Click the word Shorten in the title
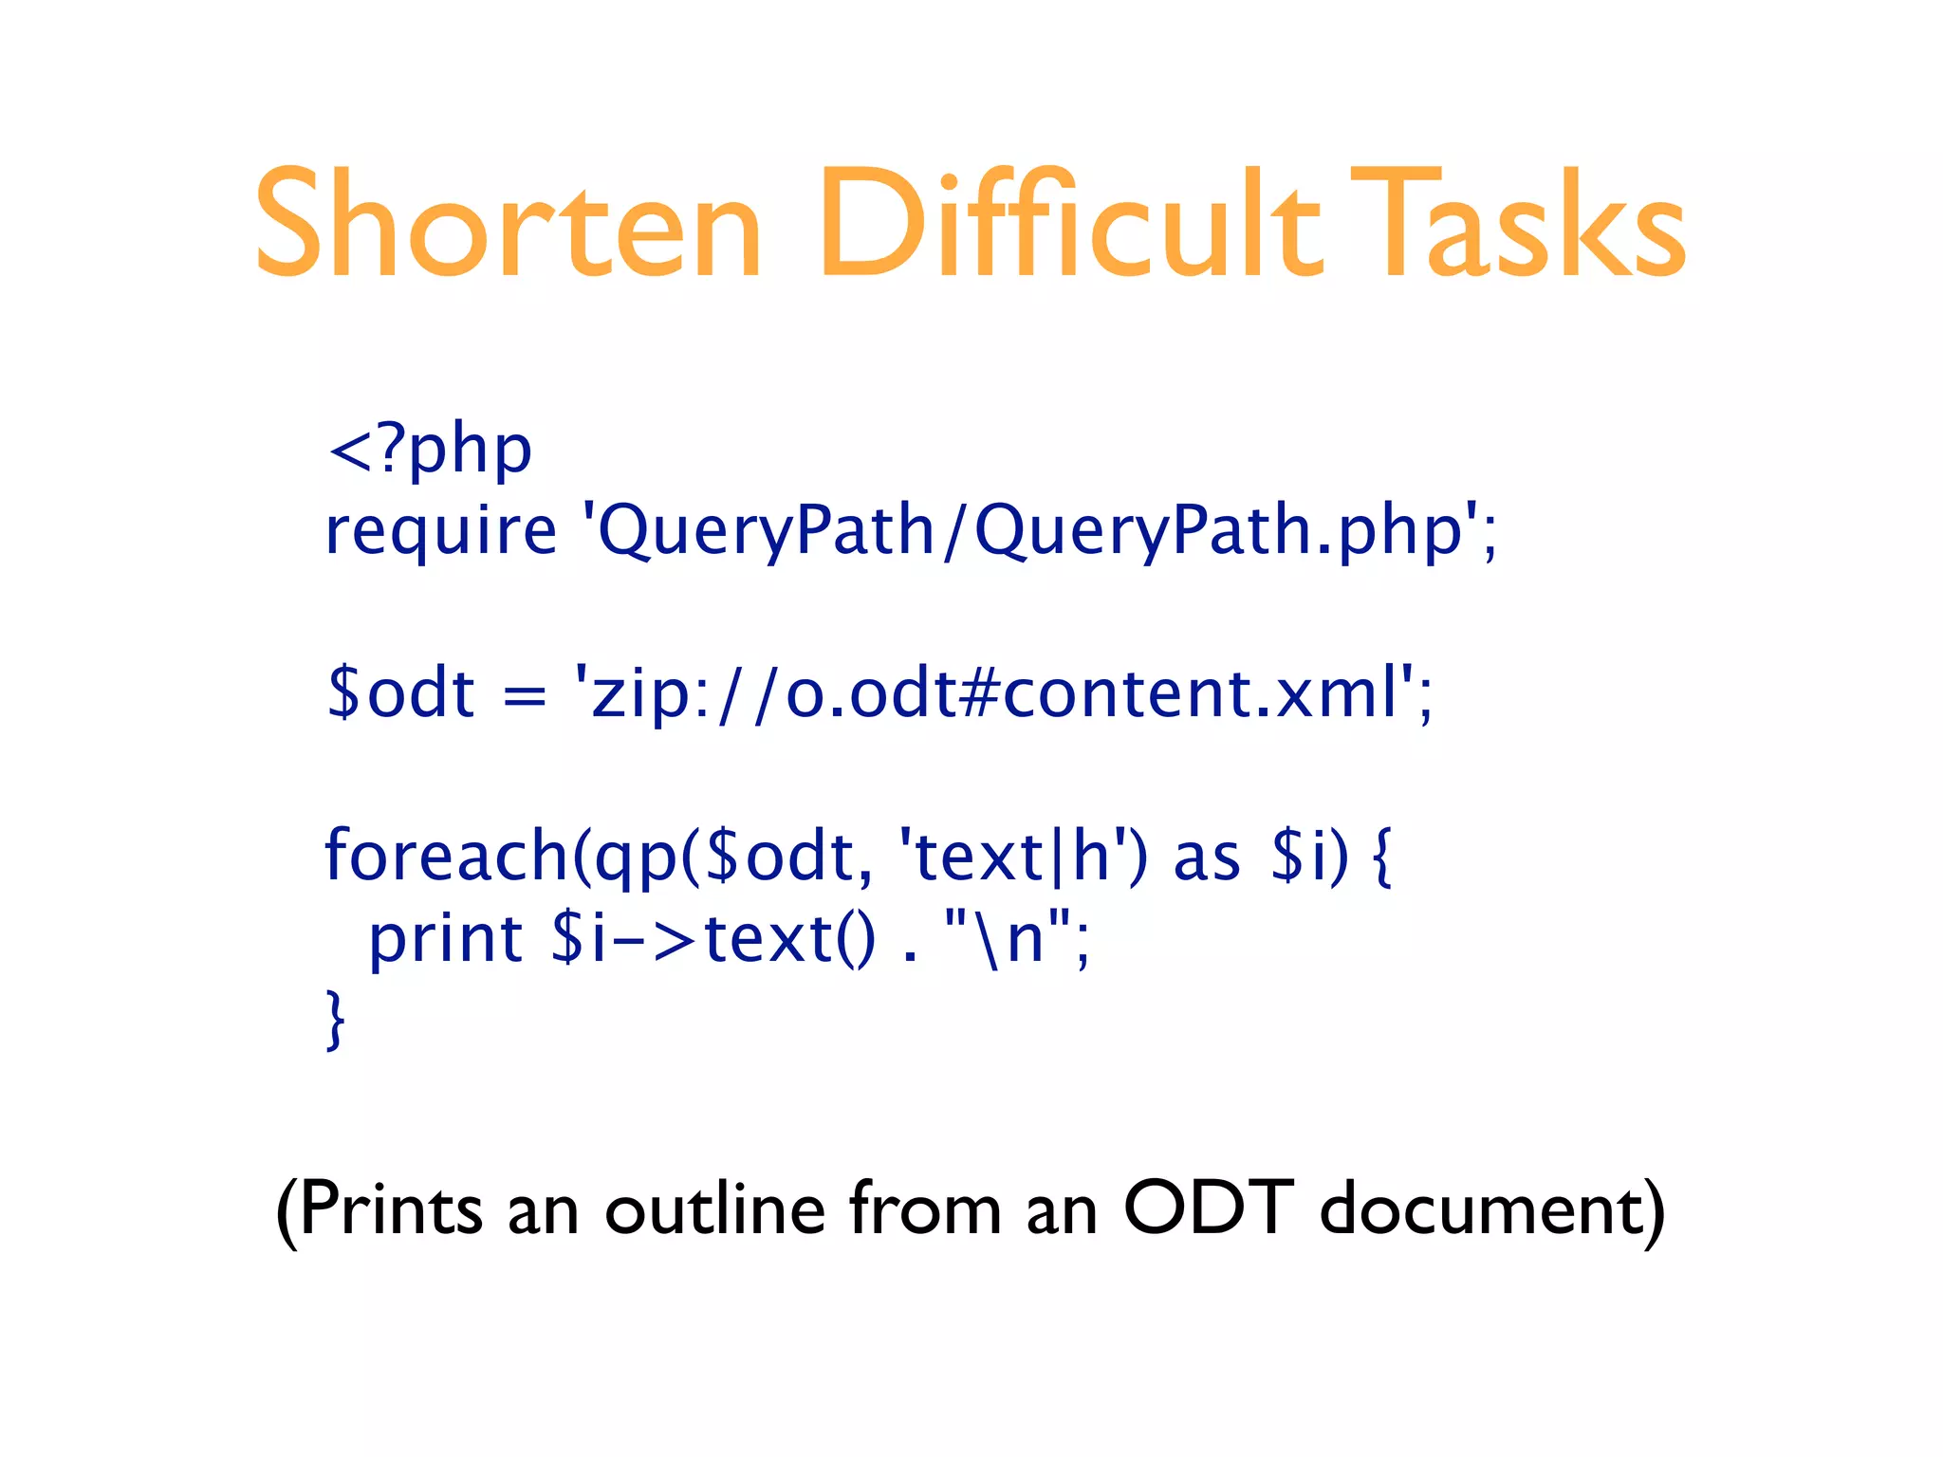point(508,225)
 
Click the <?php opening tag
point(429,450)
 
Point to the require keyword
point(440,531)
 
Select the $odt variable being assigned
point(400,693)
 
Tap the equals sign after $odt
point(525,697)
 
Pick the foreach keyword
point(446,857)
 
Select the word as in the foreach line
point(1207,858)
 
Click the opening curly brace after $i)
point(1382,857)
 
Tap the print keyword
point(446,939)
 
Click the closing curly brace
point(335,1020)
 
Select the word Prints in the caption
point(391,1209)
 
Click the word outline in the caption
point(714,1209)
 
